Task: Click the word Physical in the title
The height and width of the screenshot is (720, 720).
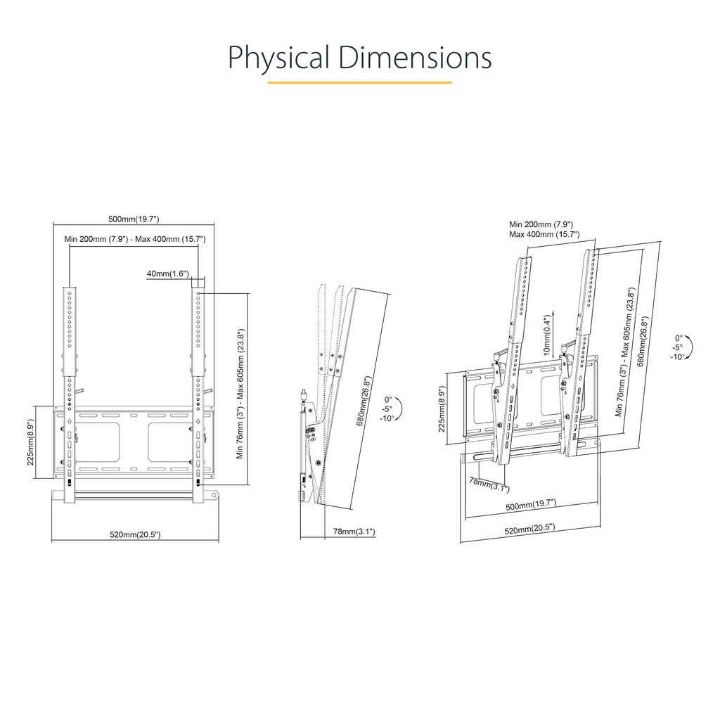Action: pyautogui.click(x=278, y=58)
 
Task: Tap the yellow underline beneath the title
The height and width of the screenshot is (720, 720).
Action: pyautogui.click(x=359, y=82)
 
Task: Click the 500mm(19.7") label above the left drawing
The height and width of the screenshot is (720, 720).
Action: pyautogui.click(x=134, y=219)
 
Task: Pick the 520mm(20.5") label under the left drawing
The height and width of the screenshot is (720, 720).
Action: pyautogui.click(x=135, y=535)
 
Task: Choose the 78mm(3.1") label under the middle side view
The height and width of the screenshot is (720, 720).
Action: pyautogui.click(x=354, y=532)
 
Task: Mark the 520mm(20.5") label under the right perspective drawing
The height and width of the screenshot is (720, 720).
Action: pyautogui.click(x=529, y=527)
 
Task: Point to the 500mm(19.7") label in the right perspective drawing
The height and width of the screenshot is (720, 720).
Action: pyautogui.click(x=531, y=503)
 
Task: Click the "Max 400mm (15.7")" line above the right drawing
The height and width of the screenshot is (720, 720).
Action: pyautogui.click(x=544, y=233)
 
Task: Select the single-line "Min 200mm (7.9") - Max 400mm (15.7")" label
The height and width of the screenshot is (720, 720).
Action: pyautogui.click(x=135, y=239)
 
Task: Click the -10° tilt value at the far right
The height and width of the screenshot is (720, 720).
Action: pyautogui.click(x=677, y=357)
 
